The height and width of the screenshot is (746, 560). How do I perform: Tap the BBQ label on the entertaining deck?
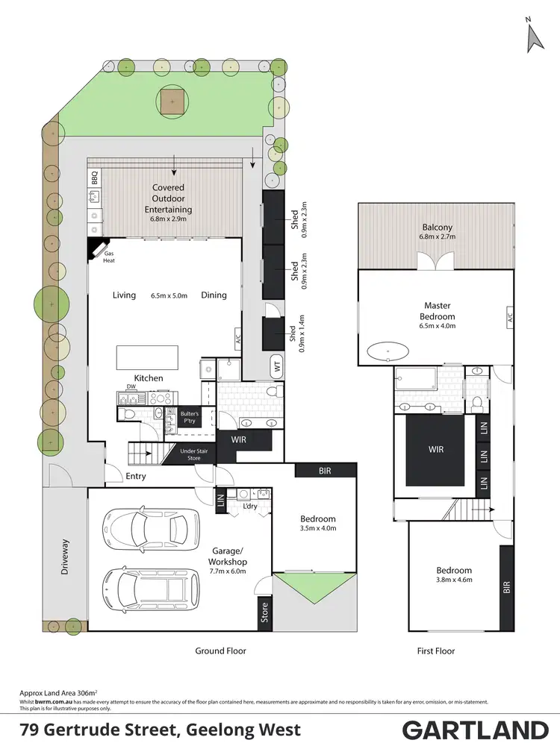(x=95, y=178)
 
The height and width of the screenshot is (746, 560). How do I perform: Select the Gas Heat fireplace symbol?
(x=97, y=248)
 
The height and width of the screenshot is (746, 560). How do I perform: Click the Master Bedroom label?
(x=437, y=310)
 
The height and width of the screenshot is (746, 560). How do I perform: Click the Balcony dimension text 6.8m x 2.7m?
(x=437, y=237)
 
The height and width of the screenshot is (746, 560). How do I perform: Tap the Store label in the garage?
(x=264, y=612)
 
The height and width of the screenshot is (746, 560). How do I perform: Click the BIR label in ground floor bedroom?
(x=325, y=471)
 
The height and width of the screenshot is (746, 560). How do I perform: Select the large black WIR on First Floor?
(x=436, y=449)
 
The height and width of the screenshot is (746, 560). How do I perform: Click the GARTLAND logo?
(x=476, y=729)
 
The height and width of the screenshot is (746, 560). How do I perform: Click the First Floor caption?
(x=436, y=651)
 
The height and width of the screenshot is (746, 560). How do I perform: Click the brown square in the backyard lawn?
(x=172, y=103)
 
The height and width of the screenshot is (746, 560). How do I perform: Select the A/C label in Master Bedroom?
(x=510, y=316)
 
